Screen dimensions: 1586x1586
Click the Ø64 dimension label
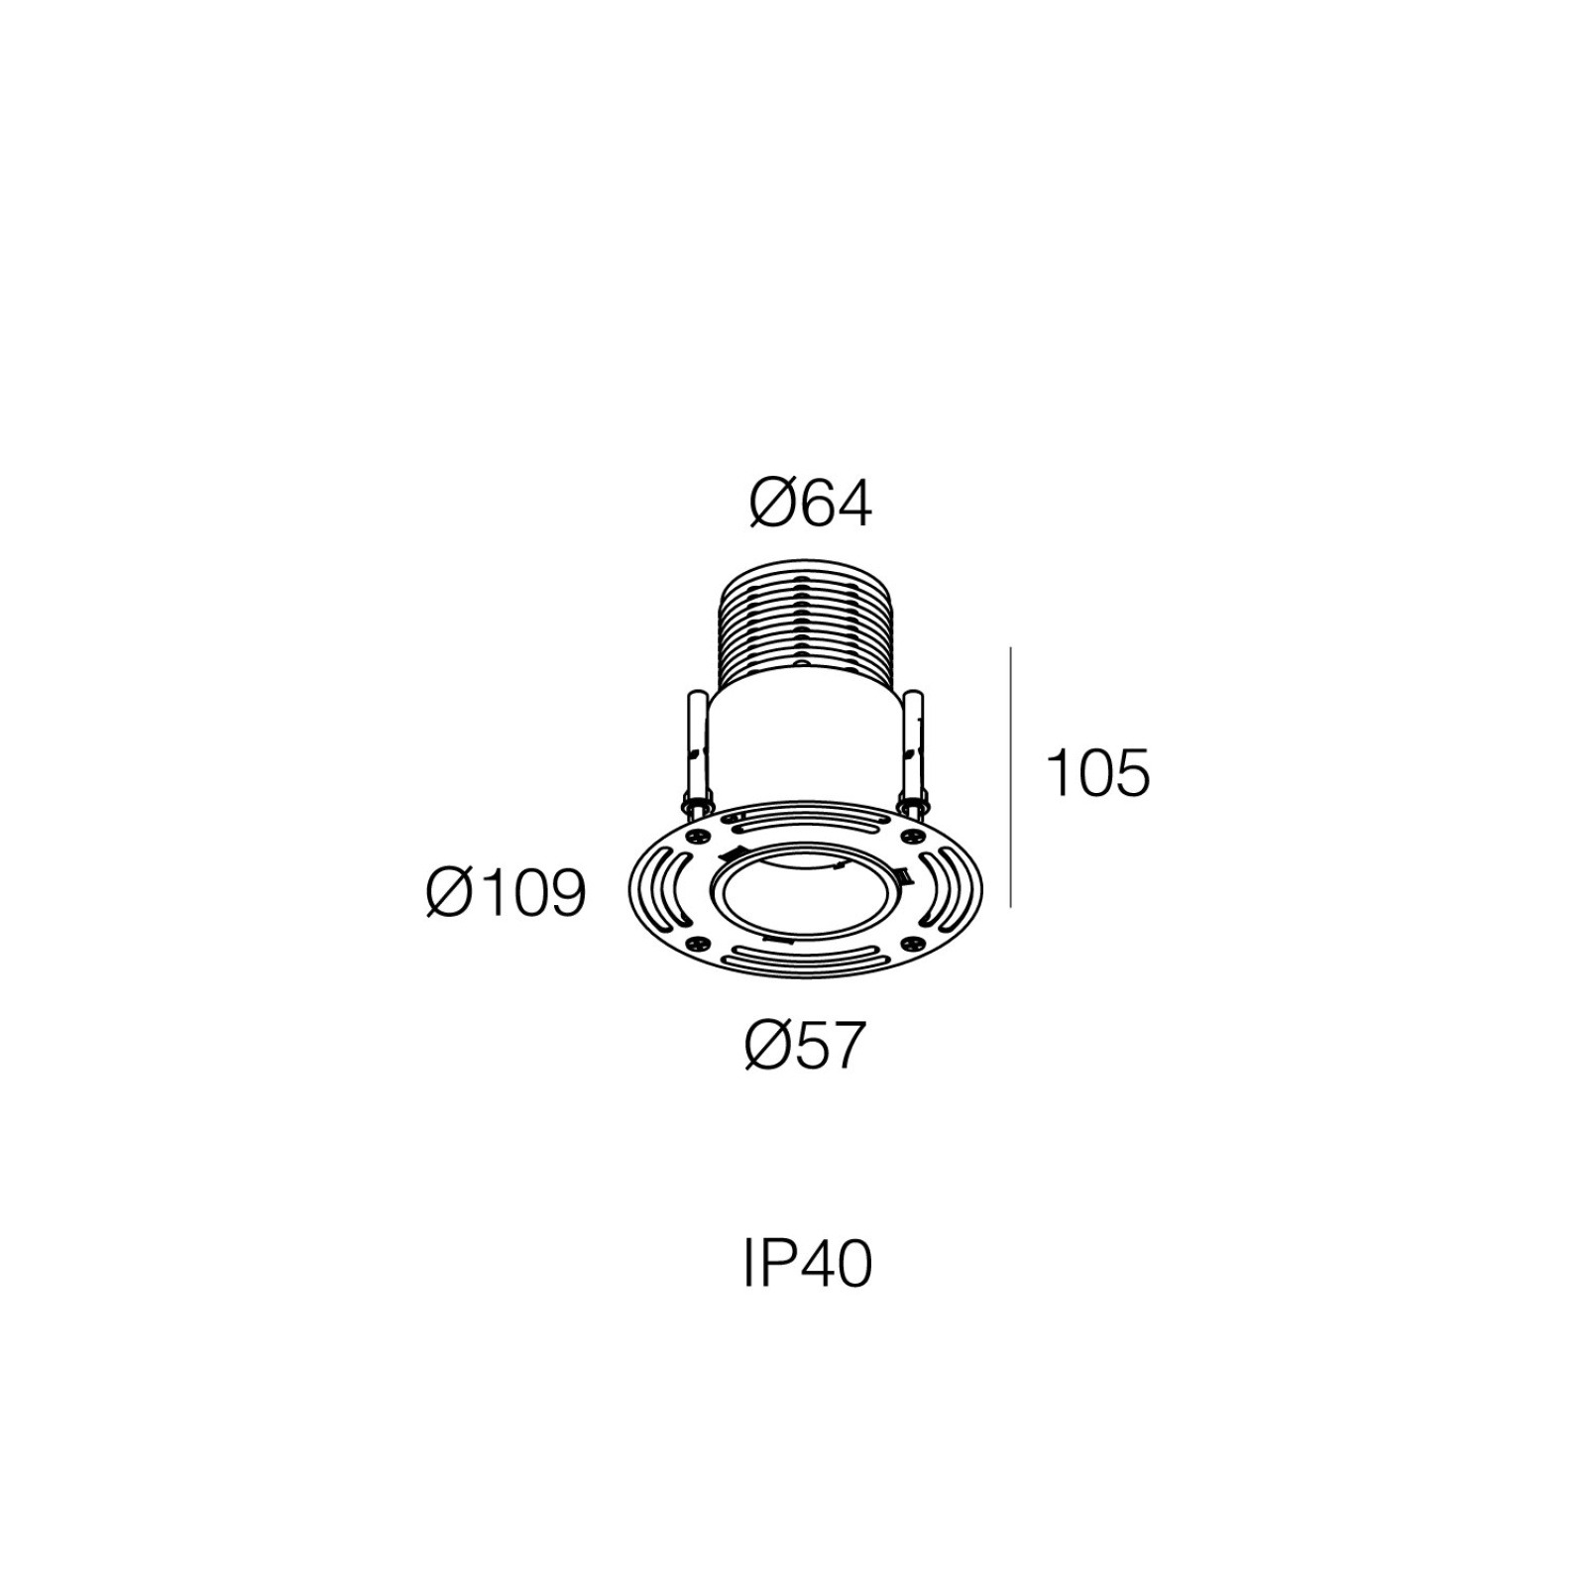point(810,505)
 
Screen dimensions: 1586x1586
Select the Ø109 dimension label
point(507,892)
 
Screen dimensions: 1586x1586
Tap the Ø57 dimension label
point(805,1045)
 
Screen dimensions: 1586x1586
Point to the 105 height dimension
point(1098,773)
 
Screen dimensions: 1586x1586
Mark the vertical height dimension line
point(1010,777)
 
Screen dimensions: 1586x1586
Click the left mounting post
point(693,754)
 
